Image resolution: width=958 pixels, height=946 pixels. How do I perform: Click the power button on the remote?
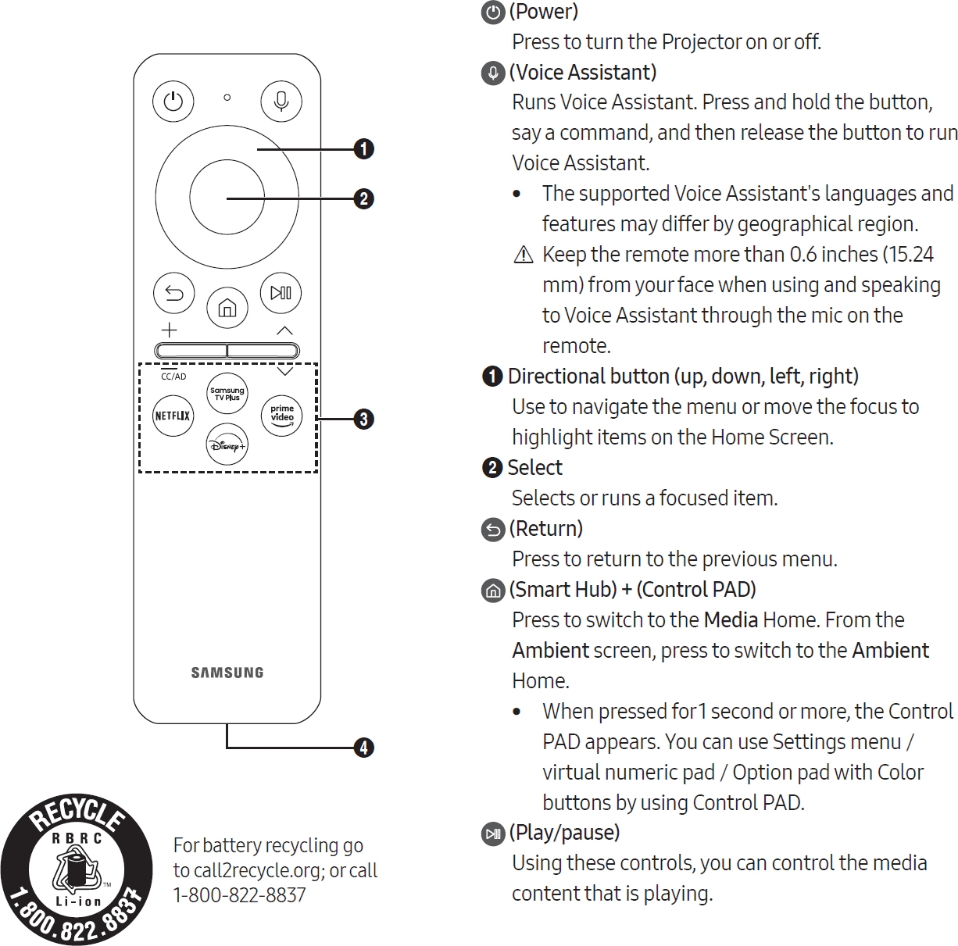click(173, 102)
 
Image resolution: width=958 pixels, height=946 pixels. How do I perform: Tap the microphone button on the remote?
click(281, 102)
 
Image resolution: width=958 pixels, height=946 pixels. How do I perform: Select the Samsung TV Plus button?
click(227, 393)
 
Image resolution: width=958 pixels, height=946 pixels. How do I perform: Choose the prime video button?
click(282, 415)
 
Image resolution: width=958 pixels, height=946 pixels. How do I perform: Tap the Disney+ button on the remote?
click(227, 445)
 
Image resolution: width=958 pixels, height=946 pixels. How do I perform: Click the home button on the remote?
click(227, 309)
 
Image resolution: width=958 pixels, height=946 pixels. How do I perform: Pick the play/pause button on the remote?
click(281, 293)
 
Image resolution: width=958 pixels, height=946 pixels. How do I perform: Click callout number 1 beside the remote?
click(363, 148)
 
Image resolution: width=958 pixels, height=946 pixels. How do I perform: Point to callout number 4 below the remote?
click(363, 748)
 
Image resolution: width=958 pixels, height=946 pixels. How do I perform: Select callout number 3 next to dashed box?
click(363, 419)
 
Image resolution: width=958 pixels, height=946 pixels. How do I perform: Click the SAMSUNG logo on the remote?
click(227, 673)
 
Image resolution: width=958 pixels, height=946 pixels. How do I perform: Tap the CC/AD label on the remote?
click(173, 377)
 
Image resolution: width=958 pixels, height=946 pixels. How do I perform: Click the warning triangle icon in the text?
click(524, 255)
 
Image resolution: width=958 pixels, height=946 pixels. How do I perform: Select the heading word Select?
click(534, 468)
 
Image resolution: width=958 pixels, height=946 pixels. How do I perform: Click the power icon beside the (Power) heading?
click(492, 12)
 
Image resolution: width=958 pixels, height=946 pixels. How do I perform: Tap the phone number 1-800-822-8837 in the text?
click(239, 895)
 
